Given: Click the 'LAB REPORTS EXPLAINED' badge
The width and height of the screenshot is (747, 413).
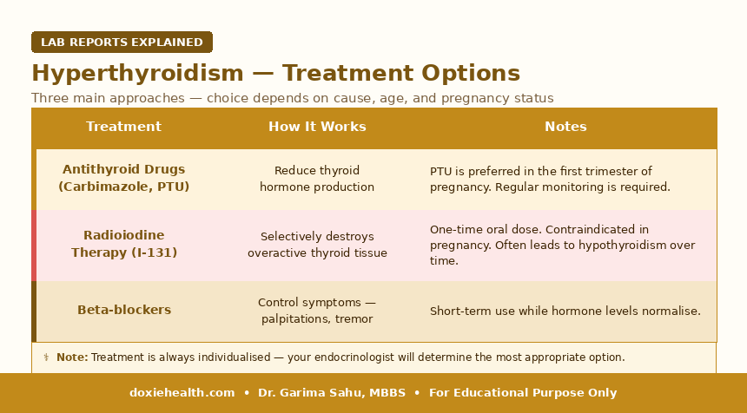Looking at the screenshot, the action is click(x=122, y=42).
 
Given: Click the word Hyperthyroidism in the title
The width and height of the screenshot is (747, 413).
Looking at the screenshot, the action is click(x=138, y=74).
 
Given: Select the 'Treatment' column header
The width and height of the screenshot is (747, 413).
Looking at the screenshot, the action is click(x=124, y=127).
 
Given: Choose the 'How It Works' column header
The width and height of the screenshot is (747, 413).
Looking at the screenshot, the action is click(x=317, y=127).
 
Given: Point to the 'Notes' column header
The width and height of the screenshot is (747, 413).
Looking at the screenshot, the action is click(x=565, y=127).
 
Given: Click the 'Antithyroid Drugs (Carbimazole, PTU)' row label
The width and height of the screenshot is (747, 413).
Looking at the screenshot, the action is click(x=124, y=178).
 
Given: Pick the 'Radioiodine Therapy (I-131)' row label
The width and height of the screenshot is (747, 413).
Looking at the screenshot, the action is click(x=124, y=244).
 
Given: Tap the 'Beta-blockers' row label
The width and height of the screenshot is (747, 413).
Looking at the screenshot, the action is click(x=124, y=310).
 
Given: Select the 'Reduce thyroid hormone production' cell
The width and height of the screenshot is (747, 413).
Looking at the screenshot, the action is click(x=317, y=179).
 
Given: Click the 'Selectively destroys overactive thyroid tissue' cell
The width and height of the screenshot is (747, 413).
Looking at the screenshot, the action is click(x=317, y=245).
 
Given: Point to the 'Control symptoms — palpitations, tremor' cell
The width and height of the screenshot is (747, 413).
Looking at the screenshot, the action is click(x=317, y=311).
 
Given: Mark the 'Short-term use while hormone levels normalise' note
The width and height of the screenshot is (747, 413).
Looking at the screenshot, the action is click(x=565, y=311).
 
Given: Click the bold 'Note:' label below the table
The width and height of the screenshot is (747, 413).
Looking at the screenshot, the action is click(x=72, y=357).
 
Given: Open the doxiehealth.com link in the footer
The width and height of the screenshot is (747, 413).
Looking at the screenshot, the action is click(x=182, y=393).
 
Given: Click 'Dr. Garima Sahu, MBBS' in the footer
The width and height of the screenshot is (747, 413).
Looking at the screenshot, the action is click(x=332, y=393).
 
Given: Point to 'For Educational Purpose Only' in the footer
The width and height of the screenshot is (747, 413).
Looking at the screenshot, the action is click(x=523, y=393).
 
